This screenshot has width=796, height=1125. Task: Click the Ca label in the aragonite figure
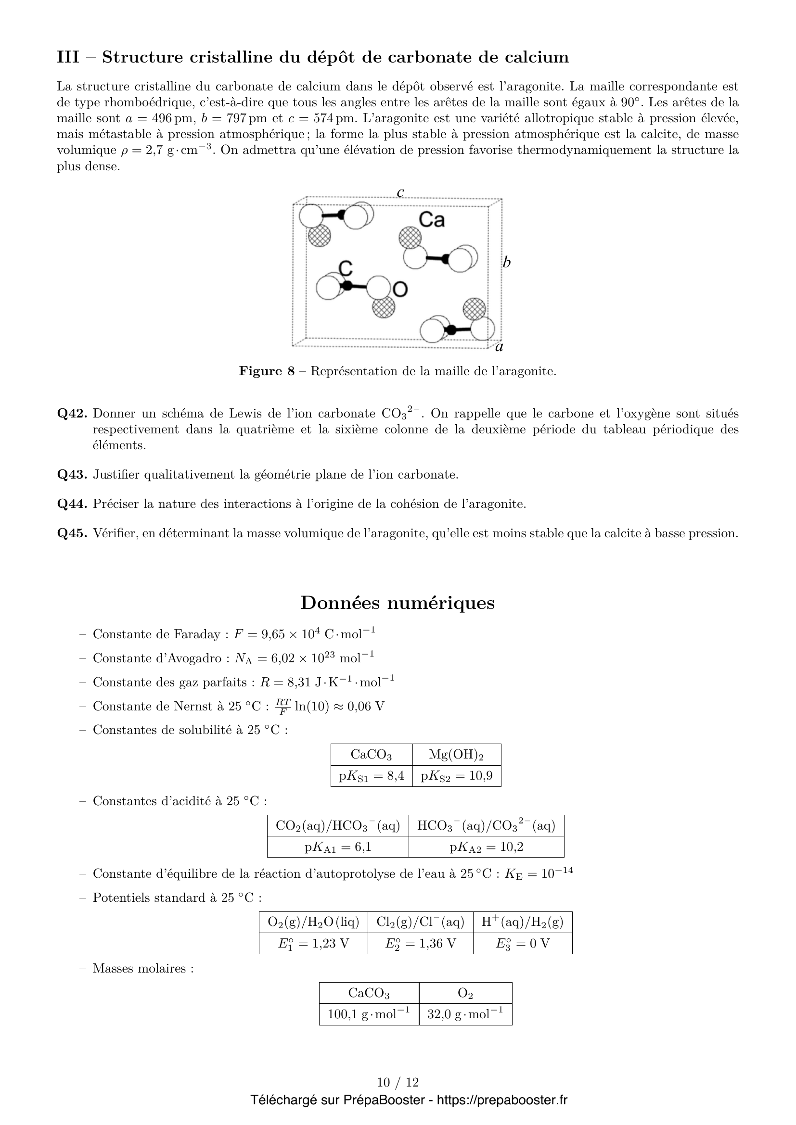point(431,220)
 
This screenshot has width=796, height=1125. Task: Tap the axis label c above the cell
point(400,192)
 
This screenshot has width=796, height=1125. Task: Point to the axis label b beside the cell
point(507,263)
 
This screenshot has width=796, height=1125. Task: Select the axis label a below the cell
point(500,347)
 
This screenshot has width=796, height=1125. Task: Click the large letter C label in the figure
point(346,268)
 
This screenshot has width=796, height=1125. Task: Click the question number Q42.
point(72,414)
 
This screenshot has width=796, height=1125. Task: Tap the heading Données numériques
point(398,603)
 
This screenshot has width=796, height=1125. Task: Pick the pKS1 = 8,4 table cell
point(372,776)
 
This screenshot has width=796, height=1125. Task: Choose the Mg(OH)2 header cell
point(456,755)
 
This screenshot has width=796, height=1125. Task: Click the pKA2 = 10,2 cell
point(486,847)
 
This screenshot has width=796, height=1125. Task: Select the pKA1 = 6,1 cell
point(338,847)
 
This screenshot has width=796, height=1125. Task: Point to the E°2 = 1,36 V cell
point(420,943)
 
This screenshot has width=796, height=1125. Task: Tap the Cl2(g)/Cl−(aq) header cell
point(420,922)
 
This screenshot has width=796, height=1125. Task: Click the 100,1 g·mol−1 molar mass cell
point(369,1014)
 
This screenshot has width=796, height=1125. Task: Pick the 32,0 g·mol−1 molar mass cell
point(465,1014)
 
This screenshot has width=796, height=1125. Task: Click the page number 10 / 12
point(398,1082)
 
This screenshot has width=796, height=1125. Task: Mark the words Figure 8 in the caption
point(267,371)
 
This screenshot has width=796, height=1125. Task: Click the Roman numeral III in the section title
point(68,57)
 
